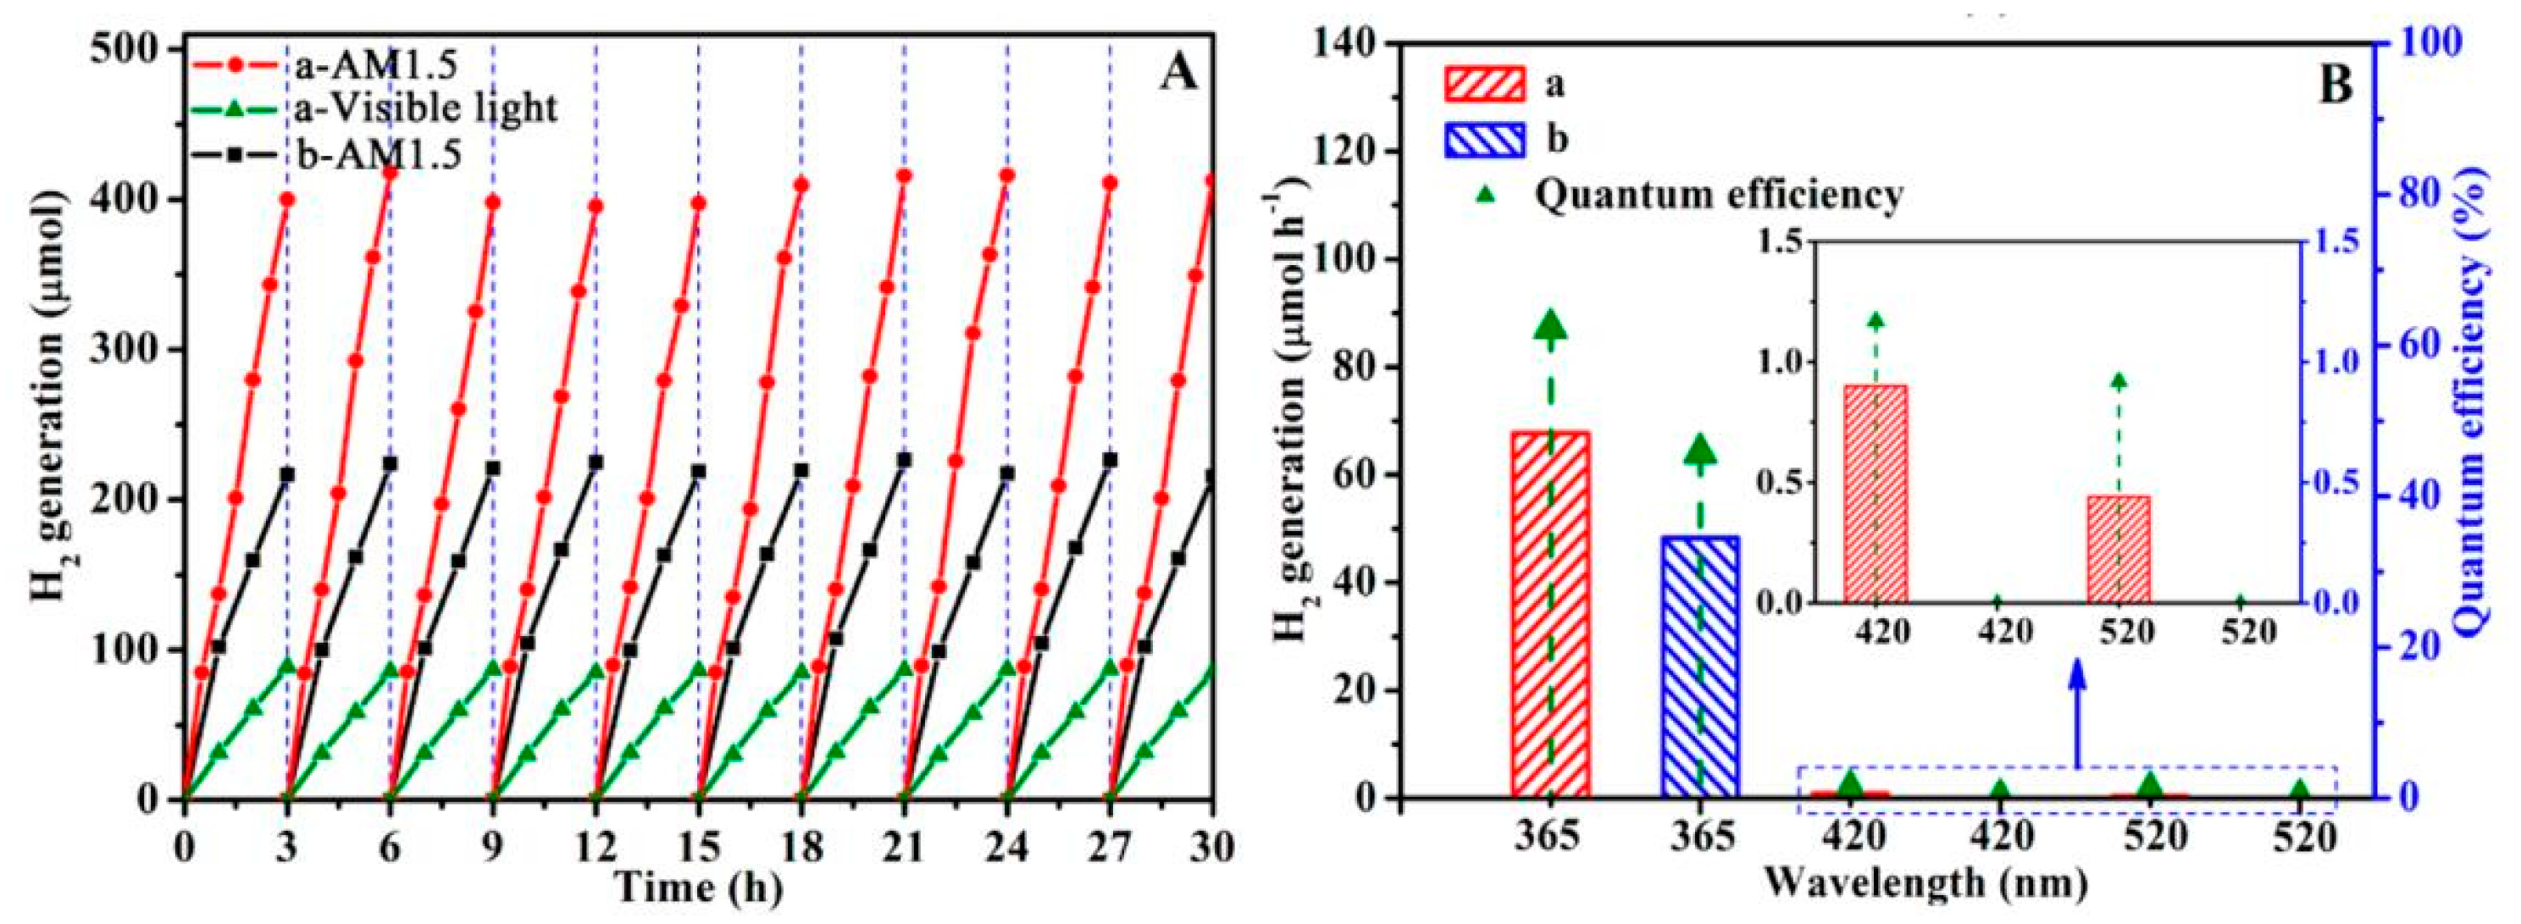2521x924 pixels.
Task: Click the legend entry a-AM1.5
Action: pyautogui.click(x=323, y=67)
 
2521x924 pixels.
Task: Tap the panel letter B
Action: pyautogui.click(x=2335, y=86)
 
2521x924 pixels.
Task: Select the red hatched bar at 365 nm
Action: pyautogui.click(x=1550, y=615)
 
